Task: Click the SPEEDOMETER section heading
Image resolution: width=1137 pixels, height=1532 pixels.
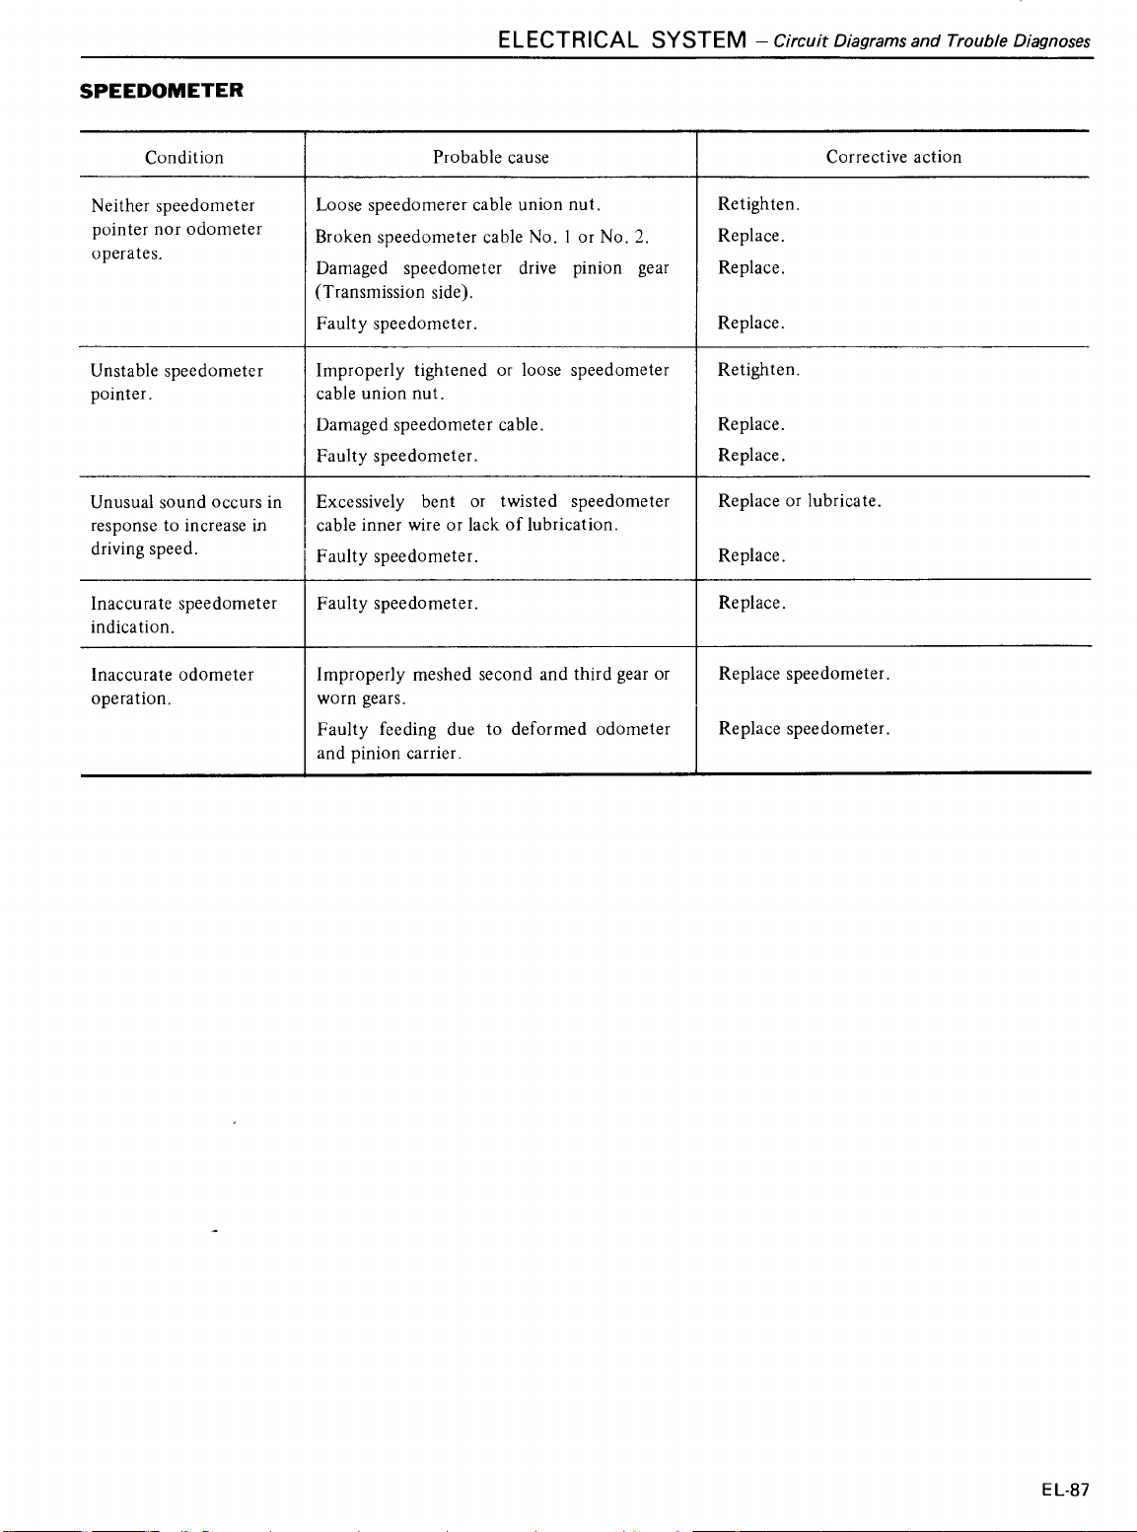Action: point(161,91)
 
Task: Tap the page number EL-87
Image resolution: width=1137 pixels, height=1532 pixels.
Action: point(1065,1490)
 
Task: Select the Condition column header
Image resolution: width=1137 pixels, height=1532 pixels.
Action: point(184,157)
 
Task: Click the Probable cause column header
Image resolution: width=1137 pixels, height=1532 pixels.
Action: point(491,157)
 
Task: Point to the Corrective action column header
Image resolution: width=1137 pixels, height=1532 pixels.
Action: point(893,157)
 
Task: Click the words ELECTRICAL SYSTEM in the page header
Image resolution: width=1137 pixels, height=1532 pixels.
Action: point(622,40)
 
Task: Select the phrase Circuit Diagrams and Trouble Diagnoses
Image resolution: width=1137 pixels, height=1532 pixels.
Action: point(932,41)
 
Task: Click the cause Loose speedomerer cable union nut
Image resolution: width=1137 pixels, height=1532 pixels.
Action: point(458,205)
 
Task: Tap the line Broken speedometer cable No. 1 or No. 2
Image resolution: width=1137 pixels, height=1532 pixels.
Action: point(482,237)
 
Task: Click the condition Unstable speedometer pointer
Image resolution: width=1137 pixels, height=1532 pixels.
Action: point(177,382)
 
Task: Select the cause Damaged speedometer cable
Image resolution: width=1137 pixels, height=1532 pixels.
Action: point(430,425)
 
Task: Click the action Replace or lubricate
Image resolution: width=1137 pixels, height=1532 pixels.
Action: point(800,501)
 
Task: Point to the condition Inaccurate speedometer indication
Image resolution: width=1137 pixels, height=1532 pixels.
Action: point(183,615)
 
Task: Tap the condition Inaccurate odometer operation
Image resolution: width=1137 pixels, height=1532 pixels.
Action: point(172,686)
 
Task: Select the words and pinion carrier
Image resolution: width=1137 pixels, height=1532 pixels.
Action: point(389,754)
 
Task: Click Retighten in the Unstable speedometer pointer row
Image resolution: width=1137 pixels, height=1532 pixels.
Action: point(758,370)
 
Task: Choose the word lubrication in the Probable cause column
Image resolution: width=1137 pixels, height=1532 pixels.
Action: point(572,525)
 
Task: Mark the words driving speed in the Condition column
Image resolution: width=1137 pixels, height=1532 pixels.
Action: point(144,548)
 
